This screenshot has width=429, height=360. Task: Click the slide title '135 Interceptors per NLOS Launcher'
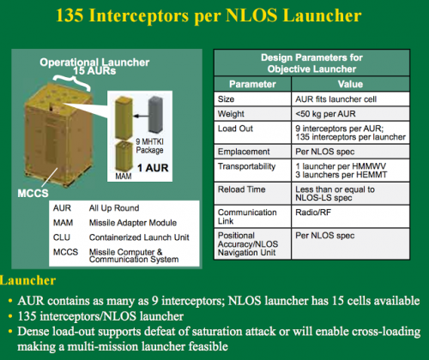[x=208, y=15]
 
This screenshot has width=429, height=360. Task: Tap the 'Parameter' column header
[x=252, y=84]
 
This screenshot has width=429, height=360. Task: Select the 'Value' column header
[x=350, y=84]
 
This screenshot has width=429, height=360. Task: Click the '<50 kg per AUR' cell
[x=325, y=114]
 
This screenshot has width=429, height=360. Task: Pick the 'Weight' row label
[x=231, y=114]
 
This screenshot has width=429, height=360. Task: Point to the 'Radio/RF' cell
[x=313, y=213]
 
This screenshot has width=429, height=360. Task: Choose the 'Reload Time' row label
[x=242, y=189]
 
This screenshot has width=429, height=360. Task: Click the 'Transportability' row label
[x=246, y=166]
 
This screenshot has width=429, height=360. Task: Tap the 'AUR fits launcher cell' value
[x=335, y=99]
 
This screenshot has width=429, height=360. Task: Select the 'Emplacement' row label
[x=244, y=152]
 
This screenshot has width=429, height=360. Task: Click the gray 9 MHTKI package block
[x=156, y=114]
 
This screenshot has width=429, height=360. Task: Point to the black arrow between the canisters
[x=141, y=116]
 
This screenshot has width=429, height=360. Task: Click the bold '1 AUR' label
[x=153, y=168]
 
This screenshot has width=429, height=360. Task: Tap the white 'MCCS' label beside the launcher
[x=33, y=194]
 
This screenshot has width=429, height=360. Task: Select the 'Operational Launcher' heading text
[x=94, y=62]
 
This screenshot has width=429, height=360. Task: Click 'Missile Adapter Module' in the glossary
[x=133, y=223]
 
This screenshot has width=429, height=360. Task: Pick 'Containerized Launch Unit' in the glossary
[x=139, y=237]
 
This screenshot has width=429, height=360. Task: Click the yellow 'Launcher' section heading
[x=27, y=280]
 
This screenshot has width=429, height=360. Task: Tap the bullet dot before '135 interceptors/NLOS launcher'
[x=10, y=316]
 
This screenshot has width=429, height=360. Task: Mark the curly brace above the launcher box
[x=71, y=81]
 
